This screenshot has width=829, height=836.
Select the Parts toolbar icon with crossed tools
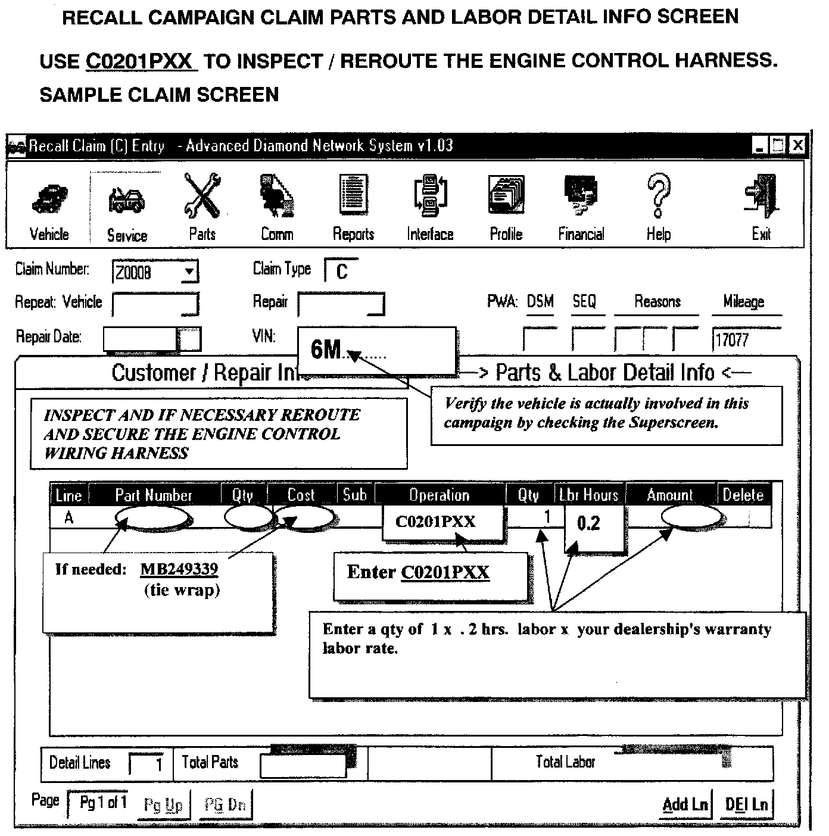pos(202,205)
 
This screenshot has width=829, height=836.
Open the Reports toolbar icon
pos(353,205)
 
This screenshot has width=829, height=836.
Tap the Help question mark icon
pos(659,205)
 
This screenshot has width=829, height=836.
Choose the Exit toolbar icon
pos(761,205)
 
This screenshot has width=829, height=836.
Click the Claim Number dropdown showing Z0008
pos(155,273)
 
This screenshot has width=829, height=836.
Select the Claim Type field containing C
pos(342,272)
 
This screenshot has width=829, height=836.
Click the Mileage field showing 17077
pos(746,340)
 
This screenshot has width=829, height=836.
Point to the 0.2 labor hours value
pos(589,524)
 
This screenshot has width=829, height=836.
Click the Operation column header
pos(440,495)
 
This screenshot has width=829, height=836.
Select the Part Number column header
pos(154,495)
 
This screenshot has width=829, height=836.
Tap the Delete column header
pos(743,495)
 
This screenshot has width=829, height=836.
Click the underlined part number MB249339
pos(179,569)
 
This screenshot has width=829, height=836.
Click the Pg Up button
pos(163,805)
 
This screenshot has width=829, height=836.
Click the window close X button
pos(797,145)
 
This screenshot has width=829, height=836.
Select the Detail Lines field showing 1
pos(147,763)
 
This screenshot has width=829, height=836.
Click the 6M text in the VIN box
pos(326,350)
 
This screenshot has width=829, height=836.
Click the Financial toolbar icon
pos(581,205)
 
